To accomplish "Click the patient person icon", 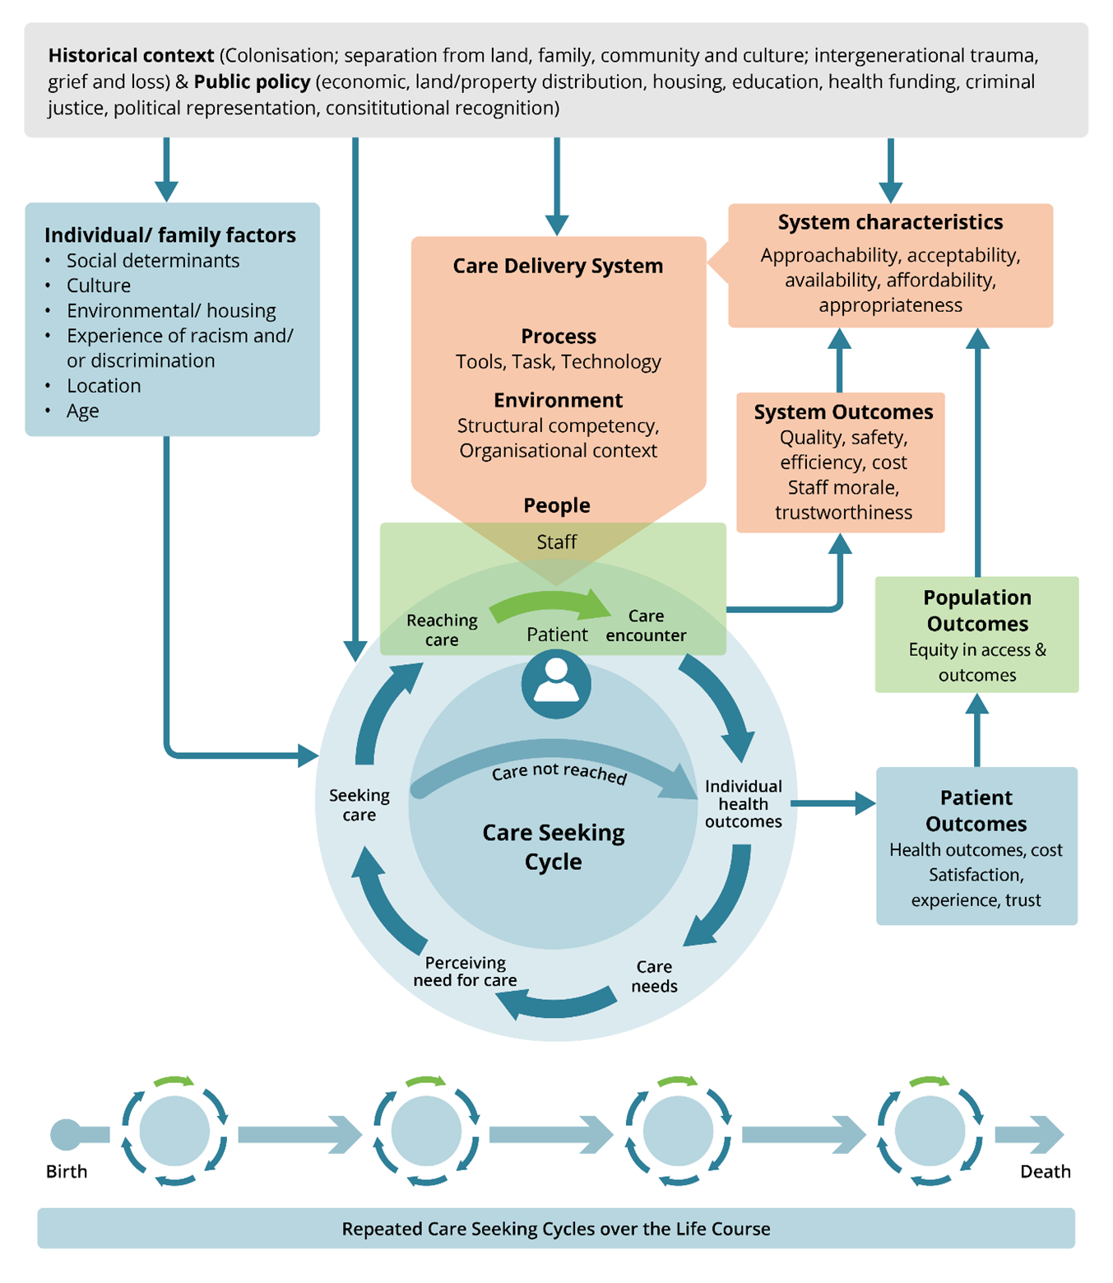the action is pyautogui.click(x=556, y=684).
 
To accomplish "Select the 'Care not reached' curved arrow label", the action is pyautogui.click(x=559, y=772).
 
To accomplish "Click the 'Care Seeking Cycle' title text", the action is pyautogui.click(x=554, y=847).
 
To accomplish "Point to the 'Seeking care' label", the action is pyautogui.click(x=359, y=805).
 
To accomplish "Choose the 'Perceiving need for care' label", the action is pyautogui.click(x=465, y=971).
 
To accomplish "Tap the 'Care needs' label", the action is pyautogui.click(x=654, y=976).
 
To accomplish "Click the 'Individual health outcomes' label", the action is pyautogui.click(x=744, y=803).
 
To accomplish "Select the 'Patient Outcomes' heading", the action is pyautogui.click(x=976, y=810).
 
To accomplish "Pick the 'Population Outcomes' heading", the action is pyautogui.click(x=977, y=610).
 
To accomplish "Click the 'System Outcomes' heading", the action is pyautogui.click(x=843, y=411).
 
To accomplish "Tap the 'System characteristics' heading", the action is pyautogui.click(x=890, y=221).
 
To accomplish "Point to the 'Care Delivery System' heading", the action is pyautogui.click(x=558, y=266).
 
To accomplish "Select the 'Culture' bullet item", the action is pyautogui.click(x=99, y=286).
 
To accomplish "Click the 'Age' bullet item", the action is pyautogui.click(x=83, y=411).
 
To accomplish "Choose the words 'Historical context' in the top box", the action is pyautogui.click(x=131, y=55).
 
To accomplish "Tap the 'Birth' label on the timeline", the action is pyautogui.click(x=67, y=1171).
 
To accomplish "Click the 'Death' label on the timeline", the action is pyautogui.click(x=1046, y=1171).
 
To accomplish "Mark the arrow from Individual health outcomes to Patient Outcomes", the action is pyautogui.click(x=832, y=803).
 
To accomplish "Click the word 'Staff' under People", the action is pyautogui.click(x=556, y=542).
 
